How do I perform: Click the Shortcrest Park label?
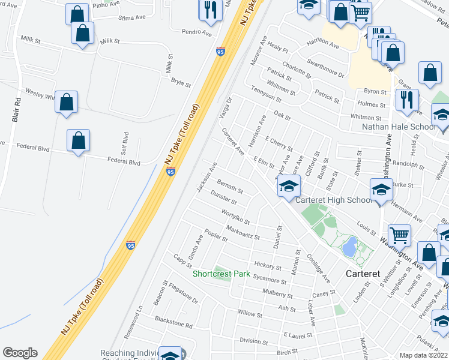(x=221, y=274)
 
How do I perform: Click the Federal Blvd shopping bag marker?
(x=79, y=142)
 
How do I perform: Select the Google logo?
(x=20, y=353)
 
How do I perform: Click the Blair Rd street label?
(x=17, y=111)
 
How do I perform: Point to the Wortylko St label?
(x=235, y=216)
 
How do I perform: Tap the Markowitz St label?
(x=243, y=232)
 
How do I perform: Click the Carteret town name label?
(x=363, y=274)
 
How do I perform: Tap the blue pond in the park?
(x=349, y=245)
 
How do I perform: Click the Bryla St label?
(x=180, y=83)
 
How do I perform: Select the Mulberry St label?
(x=277, y=294)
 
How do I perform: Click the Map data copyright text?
(x=423, y=355)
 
